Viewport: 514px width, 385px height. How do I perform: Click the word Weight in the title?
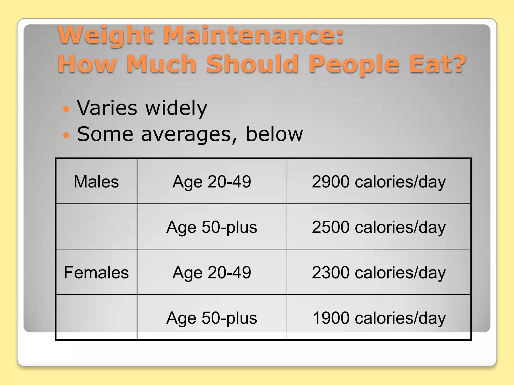tap(105, 35)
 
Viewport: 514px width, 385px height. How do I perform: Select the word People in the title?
tap(354, 64)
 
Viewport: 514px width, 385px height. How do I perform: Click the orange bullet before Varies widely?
tap(66, 109)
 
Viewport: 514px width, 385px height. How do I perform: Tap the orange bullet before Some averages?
tap(66, 135)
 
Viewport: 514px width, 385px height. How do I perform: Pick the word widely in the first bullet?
tap(176, 108)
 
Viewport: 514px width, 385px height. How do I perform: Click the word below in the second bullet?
tap(274, 134)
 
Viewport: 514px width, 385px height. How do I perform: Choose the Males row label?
tap(96, 181)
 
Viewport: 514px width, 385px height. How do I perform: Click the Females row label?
tap(96, 272)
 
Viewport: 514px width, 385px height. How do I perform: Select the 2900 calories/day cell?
tap(379, 181)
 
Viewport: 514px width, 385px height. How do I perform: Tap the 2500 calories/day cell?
tap(379, 227)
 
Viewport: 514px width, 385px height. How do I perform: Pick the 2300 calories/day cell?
tap(379, 272)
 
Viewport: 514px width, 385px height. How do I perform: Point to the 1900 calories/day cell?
tap(379, 318)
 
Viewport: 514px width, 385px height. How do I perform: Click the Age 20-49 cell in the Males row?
tap(212, 181)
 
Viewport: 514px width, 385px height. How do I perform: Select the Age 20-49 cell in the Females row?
tap(212, 272)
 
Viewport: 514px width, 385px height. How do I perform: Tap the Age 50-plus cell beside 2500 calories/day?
tap(212, 227)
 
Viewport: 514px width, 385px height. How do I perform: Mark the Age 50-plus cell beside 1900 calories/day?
tap(212, 318)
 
